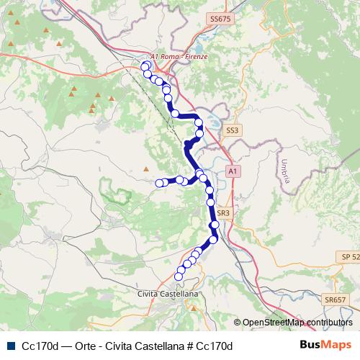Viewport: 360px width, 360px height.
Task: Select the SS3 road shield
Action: point(231,130)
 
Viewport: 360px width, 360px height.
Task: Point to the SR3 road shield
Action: point(223,212)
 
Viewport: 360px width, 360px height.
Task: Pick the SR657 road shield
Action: point(335,299)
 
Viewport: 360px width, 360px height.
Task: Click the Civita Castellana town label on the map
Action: point(167,294)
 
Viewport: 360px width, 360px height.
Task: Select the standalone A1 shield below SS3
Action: point(231,171)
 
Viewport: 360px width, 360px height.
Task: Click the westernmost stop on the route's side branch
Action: point(159,183)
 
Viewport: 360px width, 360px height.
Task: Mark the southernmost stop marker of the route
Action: point(179,276)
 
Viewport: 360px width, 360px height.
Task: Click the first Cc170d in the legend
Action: point(40,345)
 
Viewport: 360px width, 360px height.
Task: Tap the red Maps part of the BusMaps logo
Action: point(337,344)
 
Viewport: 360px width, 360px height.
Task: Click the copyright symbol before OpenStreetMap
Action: point(238,323)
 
